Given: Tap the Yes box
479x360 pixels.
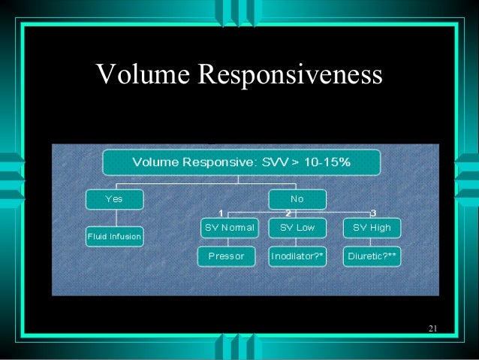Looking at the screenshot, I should coord(115,199).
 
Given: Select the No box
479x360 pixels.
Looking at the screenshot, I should coord(297,199).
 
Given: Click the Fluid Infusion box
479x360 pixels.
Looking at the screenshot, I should coord(115,236).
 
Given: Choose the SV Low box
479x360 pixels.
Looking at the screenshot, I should coord(297,227).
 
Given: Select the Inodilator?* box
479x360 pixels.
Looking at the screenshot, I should coord(297,256).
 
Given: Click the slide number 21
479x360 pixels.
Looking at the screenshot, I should coord(433,328).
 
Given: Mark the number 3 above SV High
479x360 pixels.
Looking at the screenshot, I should coord(373,213).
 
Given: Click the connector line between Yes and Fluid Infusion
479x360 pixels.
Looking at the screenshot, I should coord(115,218).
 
